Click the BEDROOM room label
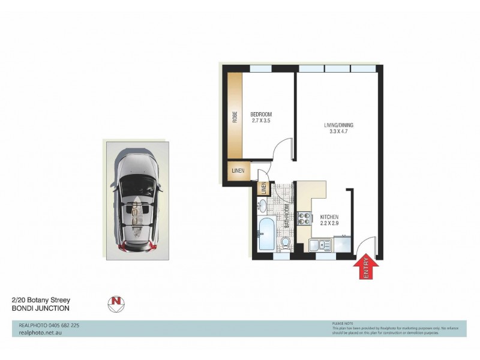[x=261, y=115]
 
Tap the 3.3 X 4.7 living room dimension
[x=339, y=133]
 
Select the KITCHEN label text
[x=329, y=217]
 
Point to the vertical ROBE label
[x=235, y=116]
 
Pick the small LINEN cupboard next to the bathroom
[x=263, y=188]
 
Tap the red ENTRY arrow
[x=366, y=266]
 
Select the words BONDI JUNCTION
[x=41, y=308]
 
